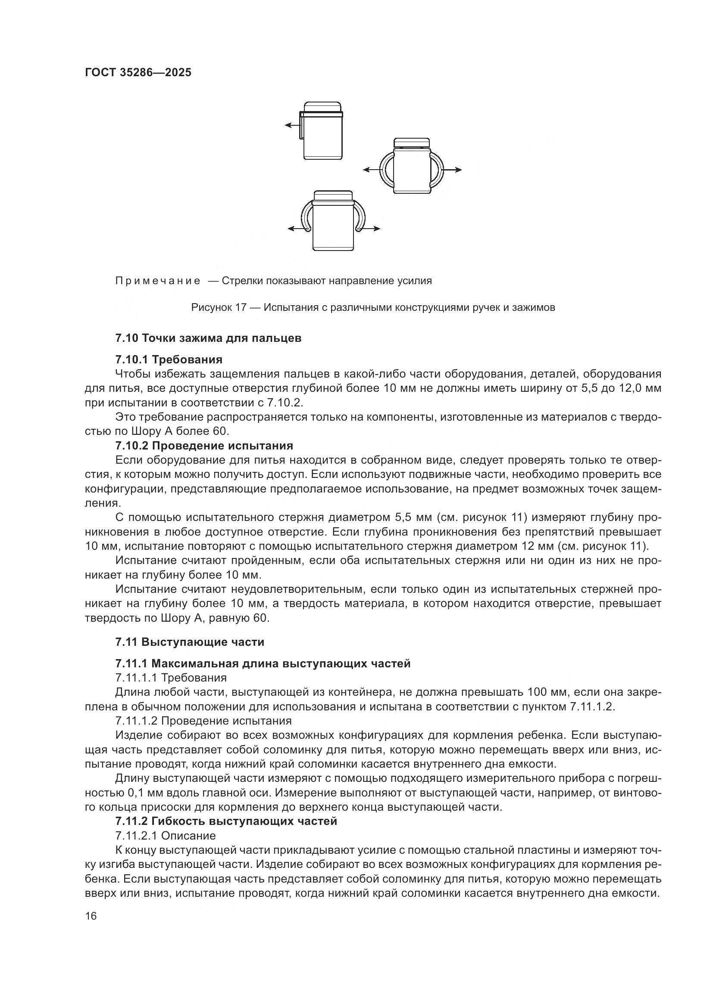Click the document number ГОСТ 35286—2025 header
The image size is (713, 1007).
coord(138,72)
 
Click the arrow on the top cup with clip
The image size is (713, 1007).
coord(291,125)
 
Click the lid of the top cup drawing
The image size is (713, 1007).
coord(323,107)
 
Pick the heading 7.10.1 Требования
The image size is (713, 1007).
coord(169,359)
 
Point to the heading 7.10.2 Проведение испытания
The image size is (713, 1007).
coord(204,446)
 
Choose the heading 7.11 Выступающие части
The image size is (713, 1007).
coord(190,642)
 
